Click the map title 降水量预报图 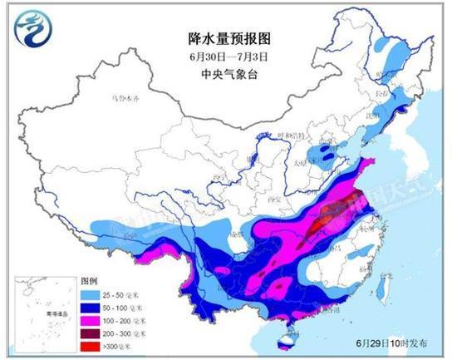click(x=227, y=37)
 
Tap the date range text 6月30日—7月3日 click(x=227, y=56)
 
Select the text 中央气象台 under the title click(x=227, y=72)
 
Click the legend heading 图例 click(x=89, y=281)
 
